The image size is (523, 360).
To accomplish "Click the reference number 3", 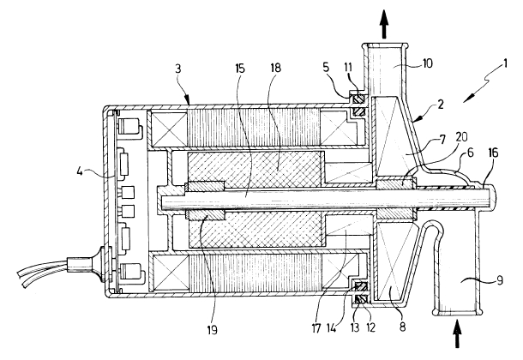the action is point(178,69).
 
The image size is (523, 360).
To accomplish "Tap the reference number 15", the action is point(240,69).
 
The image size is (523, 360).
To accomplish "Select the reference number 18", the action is point(275,68).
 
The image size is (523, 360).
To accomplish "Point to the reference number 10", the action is point(427,63).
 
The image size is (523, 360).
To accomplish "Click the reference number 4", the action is point(80,171).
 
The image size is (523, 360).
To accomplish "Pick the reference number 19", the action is point(212,330).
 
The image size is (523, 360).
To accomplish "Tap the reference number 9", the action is point(499,280).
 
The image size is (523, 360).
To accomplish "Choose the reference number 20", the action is point(462,137).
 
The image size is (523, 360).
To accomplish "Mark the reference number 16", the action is point(493,153).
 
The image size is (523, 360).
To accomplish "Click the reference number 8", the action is point(403,327).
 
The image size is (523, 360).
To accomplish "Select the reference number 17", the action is point(316,328).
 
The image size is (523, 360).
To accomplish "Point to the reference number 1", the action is point(505,63).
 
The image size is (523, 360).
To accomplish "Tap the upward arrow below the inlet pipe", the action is point(457,333).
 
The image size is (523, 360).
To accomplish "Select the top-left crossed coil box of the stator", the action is point(169,128).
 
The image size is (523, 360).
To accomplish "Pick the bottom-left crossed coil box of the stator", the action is point(170,272).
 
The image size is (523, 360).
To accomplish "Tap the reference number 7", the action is point(442,140).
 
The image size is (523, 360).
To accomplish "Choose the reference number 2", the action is point(441,105).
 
